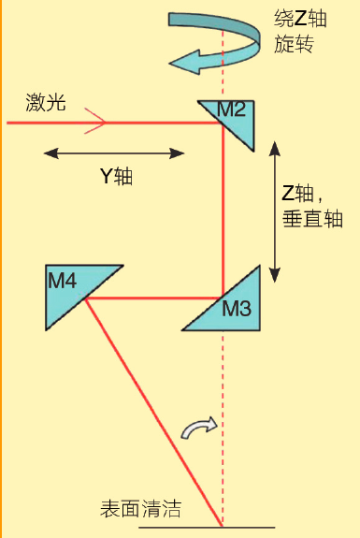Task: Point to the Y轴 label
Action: (x=116, y=176)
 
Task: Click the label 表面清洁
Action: (x=140, y=510)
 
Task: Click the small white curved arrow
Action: (x=199, y=428)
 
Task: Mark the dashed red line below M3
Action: (x=223, y=421)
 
